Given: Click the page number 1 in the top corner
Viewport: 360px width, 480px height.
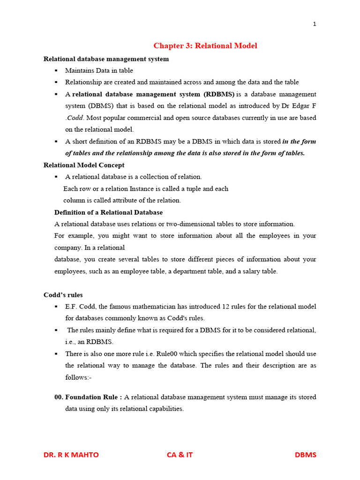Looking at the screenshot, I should (x=315, y=24).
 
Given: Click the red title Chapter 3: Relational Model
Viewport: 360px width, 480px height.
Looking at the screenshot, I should (x=205, y=45).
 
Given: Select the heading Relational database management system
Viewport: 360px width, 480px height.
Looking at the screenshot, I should (x=106, y=59).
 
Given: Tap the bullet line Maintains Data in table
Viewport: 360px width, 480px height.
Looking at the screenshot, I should (x=99, y=71).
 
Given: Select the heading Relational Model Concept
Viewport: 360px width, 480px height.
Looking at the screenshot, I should (x=84, y=165).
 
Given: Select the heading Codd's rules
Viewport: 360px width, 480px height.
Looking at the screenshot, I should (x=63, y=295).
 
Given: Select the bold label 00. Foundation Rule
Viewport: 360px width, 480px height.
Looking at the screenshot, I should (x=88, y=397).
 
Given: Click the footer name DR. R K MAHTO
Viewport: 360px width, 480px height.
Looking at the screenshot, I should (x=71, y=455).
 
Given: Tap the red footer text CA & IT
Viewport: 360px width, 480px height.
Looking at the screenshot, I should (x=180, y=455).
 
